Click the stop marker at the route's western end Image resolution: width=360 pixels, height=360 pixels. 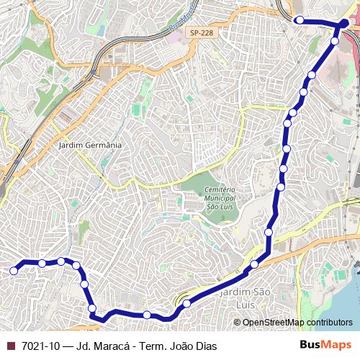(13, 271)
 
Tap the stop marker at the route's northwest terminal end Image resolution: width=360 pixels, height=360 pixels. (300, 21)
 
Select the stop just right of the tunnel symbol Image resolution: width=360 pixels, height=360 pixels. (187, 303)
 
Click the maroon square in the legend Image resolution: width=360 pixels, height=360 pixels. (11, 346)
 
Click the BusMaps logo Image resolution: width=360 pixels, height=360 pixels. (326, 346)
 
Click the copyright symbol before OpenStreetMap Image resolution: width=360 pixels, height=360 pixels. (238, 322)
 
